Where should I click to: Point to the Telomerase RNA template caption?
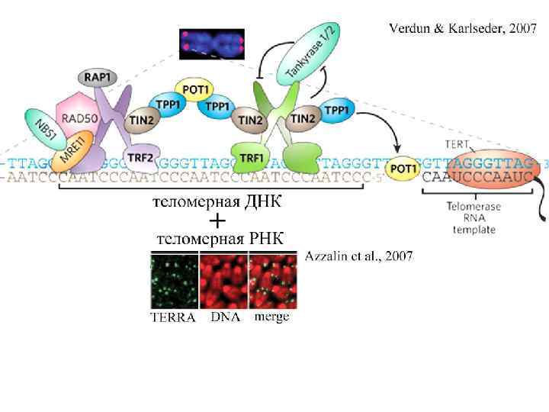pos(474,217)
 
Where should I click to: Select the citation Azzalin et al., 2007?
pos(359,256)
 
